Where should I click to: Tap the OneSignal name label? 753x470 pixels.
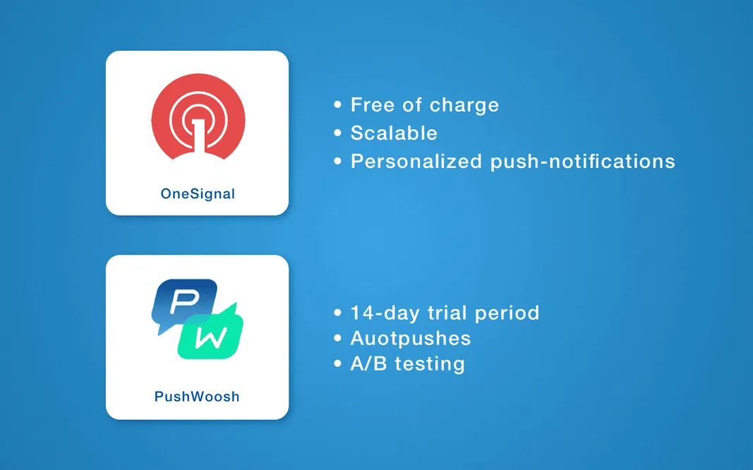click(198, 193)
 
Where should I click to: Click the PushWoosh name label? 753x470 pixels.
click(197, 397)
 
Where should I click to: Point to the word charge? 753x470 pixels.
click(464, 106)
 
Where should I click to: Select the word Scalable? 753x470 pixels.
click(394, 133)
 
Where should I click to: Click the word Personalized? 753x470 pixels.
click(416, 162)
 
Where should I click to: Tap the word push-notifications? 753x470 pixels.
click(583, 162)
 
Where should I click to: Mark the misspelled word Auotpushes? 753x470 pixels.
click(411, 339)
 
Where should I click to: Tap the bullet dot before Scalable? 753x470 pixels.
click(337, 133)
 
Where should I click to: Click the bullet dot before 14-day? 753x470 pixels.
click(337, 313)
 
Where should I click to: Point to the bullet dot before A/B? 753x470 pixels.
click(337, 364)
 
